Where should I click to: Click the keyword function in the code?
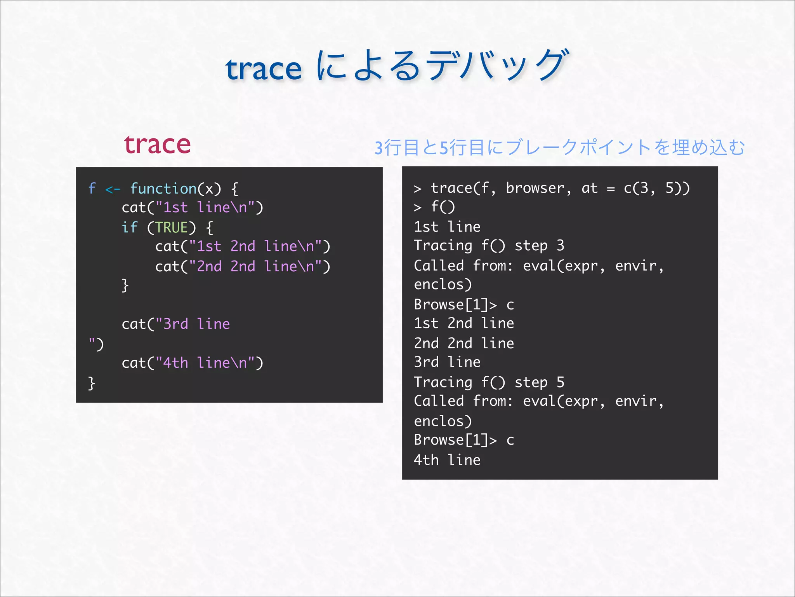click(x=163, y=189)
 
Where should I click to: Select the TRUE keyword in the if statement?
click(x=172, y=227)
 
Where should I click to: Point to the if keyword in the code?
click(x=129, y=227)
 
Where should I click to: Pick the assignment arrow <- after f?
click(x=113, y=189)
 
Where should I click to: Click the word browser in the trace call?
click(x=535, y=188)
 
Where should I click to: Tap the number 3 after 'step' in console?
click(x=560, y=246)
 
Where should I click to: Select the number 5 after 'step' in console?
click(x=560, y=382)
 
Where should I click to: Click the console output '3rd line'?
click(x=447, y=362)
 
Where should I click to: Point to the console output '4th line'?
click(x=447, y=460)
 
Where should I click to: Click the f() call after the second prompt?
click(x=443, y=207)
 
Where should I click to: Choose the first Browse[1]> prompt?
click(x=455, y=305)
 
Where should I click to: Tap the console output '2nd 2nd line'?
click(x=464, y=344)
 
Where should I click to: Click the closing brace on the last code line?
click(x=92, y=383)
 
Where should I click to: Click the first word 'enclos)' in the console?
click(x=443, y=285)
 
